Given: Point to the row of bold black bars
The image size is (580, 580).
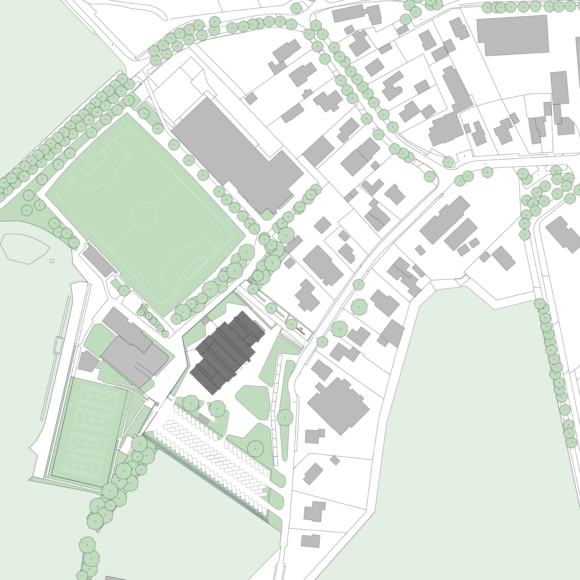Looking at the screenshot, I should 300,331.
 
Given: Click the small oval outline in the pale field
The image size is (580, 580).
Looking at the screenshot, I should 52,261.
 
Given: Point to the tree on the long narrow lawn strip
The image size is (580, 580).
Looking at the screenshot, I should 284,417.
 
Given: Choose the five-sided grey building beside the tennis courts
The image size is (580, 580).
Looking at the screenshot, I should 88,362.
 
